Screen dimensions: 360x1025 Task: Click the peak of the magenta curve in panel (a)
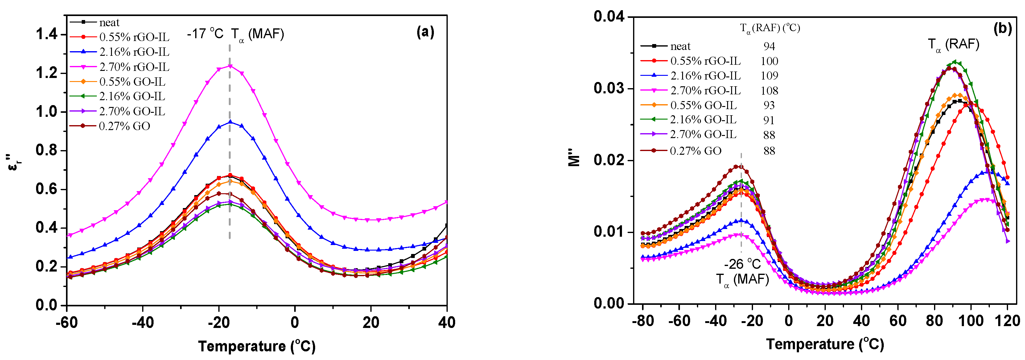tap(230, 66)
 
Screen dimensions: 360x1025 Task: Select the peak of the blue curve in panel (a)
tap(230, 122)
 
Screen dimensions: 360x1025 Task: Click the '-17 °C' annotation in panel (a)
tap(206, 34)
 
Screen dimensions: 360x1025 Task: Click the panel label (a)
tap(425, 31)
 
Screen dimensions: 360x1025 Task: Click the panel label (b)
tap(1002, 28)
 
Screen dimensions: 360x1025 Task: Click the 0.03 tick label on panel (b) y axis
tap(609, 88)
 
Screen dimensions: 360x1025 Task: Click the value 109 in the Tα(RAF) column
tap(769, 76)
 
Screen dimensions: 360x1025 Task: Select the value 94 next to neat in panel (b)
tap(769, 46)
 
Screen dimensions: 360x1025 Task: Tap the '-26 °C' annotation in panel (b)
tap(742, 264)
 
